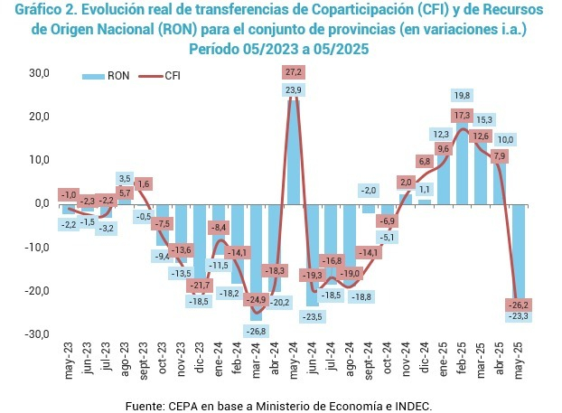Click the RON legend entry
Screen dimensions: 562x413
coord(106,76)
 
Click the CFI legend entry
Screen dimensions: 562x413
coord(160,76)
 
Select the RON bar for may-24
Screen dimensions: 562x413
coord(294,153)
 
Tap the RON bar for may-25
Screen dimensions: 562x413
coord(519,256)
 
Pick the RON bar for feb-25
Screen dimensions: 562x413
coord(462,162)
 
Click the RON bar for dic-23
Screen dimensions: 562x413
coord(200,245)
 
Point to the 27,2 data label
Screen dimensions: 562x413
coord(294,72)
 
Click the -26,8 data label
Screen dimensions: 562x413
coord(257,331)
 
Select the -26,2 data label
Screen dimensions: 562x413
coord(519,305)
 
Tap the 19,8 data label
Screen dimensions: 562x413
coord(462,96)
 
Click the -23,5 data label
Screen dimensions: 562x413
coord(313,317)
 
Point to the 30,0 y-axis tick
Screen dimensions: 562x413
coord(39,73)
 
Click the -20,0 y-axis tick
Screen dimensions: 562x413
coord(37,291)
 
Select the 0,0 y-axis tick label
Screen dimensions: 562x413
coord(42,203)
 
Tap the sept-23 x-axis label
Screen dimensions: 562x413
coord(144,360)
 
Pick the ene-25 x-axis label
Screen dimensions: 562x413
coord(444,360)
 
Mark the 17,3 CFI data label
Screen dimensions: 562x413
coord(462,116)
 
